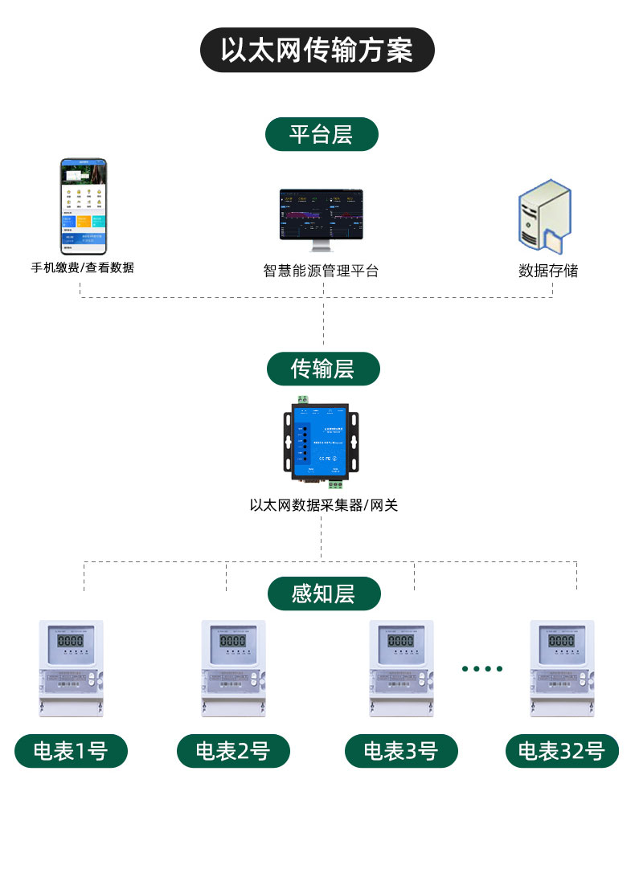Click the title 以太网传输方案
(317, 50)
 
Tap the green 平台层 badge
(321, 133)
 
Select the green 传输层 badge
(322, 369)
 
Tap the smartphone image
(84, 206)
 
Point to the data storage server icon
(544, 217)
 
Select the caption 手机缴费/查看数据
(83, 267)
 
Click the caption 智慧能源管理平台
(321, 271)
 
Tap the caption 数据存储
(548, 271)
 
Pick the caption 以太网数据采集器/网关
(323, 505)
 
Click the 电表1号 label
(71, 751)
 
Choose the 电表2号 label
(233, 751)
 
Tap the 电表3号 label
(400, 751)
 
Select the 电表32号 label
(561, 751)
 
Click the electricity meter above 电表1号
(72, 667)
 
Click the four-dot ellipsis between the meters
(482, 668)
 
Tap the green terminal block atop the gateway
(304, 399)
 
